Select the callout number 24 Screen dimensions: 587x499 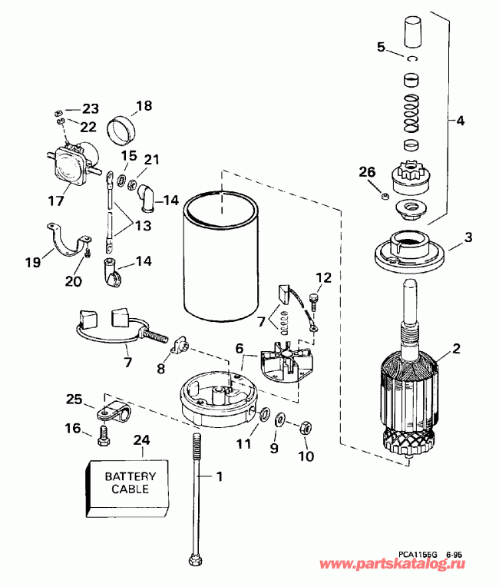pyautogui.click(x=142, y=440)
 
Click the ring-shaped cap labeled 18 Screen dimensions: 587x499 pyautogui.click(x=122, y=130)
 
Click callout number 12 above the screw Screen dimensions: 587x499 pyautogui.click(x=324, y=277)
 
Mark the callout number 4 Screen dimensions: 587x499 pyautogui.click(x=460, y=121)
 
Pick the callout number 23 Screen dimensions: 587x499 pyautogui.click(x=91, y=108)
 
